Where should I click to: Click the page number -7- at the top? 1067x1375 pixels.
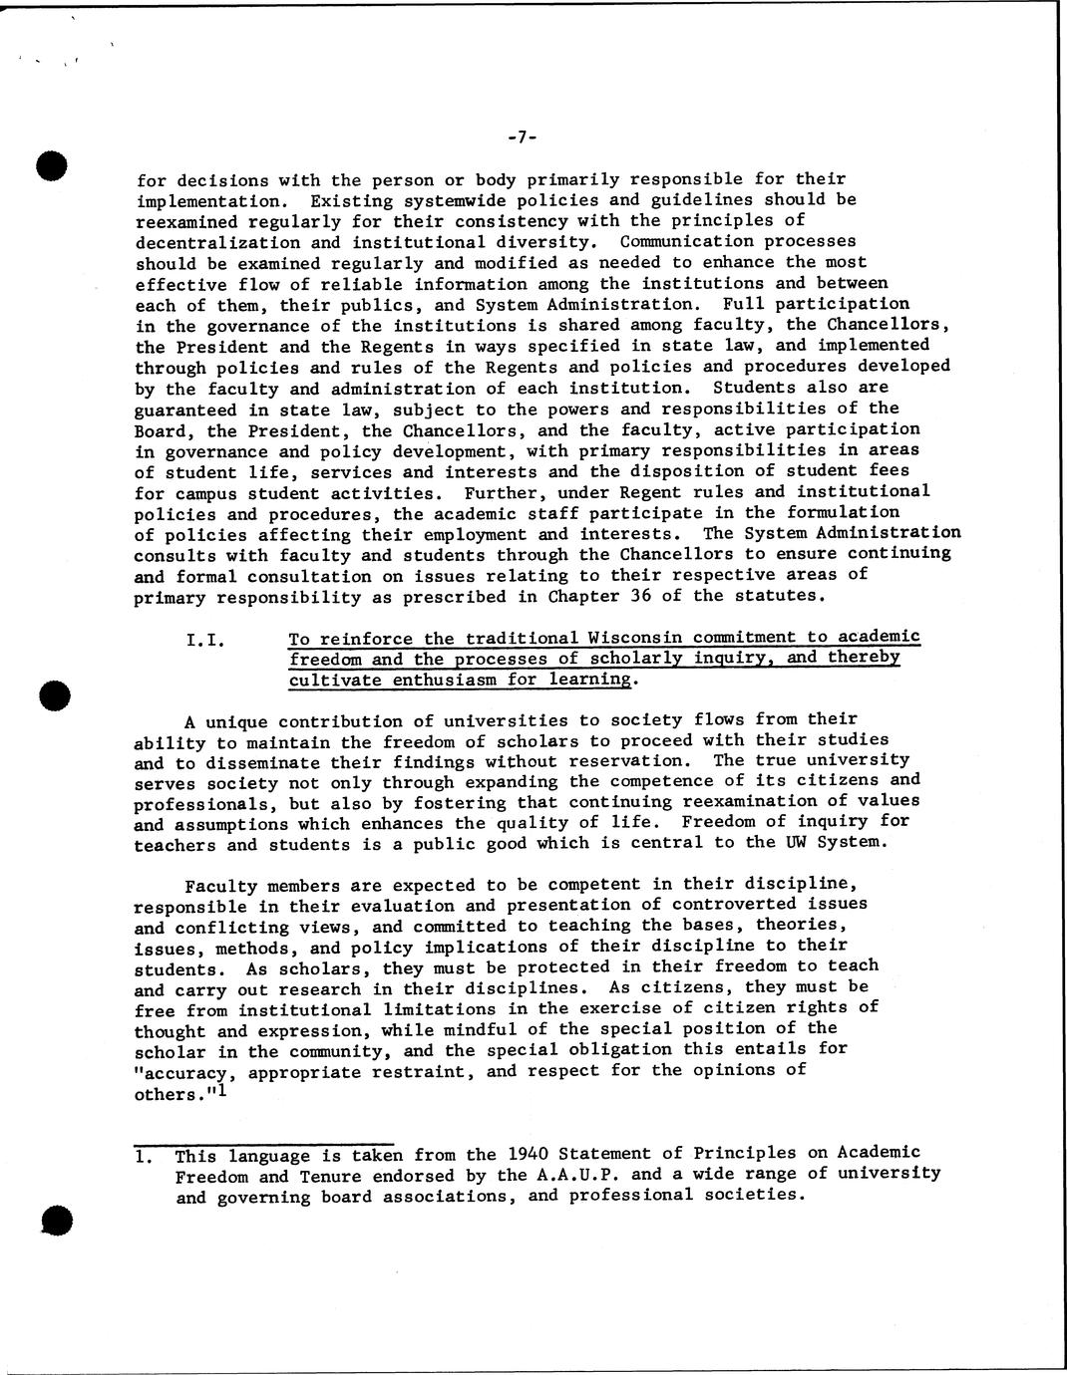[522, 137]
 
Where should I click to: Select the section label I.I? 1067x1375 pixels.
[206, 639]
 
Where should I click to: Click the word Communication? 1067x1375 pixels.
[683, 242]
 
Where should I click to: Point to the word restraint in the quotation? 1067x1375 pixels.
[482, 1072]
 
